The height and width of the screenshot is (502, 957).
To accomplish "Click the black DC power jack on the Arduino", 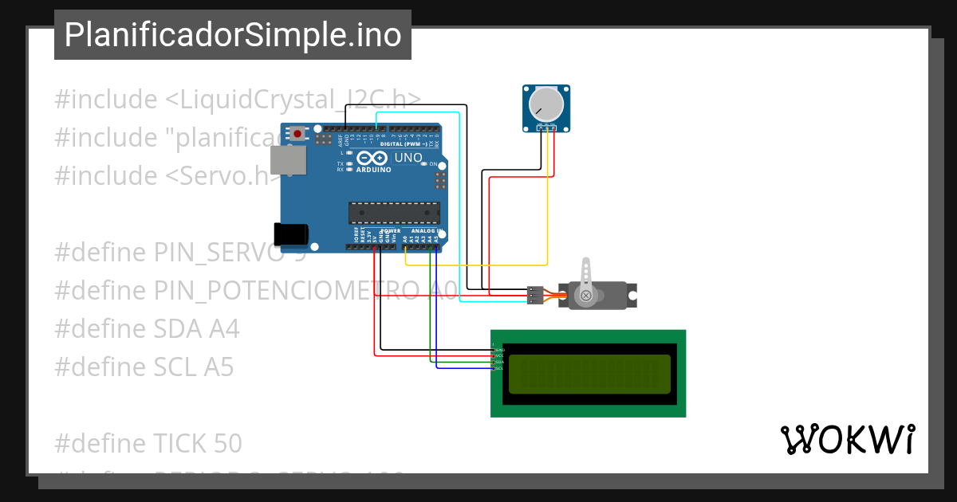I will click(x=290, y=233).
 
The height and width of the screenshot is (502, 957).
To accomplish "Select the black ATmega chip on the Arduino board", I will click(x=394, y=213).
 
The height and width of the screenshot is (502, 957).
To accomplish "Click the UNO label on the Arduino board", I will click(x=408, y=158).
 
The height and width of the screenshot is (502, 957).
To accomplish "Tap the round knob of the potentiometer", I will click(x=546, y=103).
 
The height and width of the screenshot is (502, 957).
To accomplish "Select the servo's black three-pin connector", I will click(x=534, y=296).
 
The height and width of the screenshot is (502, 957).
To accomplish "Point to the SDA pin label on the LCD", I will click(x=499, y=363).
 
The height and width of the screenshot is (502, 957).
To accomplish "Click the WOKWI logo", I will click(x=847, y=440).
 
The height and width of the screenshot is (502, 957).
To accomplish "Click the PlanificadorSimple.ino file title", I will click(x=233, y=35).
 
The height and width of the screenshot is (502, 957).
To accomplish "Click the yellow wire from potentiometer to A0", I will click(x=478, y=265).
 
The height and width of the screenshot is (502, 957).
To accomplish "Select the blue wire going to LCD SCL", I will click(x=463, y=368).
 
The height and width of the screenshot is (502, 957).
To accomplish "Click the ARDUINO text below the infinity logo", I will click(x=374, y=170).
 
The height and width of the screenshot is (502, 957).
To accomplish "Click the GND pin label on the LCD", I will click(x=499, y=350).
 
